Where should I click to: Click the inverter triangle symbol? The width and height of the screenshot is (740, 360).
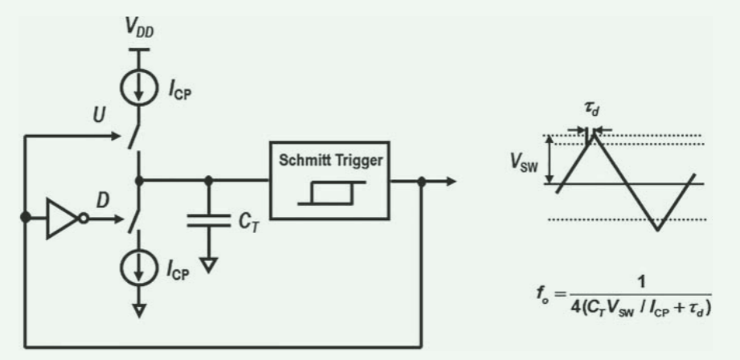[61, 217]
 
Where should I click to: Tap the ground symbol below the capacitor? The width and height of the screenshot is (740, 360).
[211, 264]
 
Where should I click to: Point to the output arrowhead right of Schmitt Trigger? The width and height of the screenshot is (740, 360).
[452, 182]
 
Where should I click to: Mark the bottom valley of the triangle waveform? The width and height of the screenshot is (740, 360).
[658, 230]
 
